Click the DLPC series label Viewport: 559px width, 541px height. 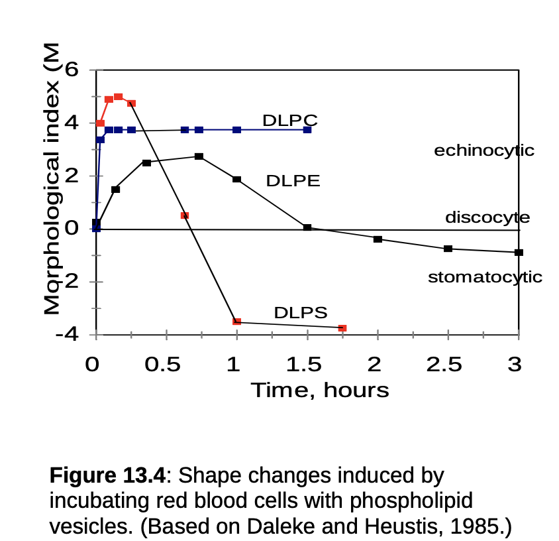(x=290, y=120)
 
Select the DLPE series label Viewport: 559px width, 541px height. (x=293, y=181)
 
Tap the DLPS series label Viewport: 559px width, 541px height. (x=301, y=312)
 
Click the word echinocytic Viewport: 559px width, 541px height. (x=484, y=150)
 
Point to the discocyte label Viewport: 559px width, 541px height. (x=487, y=217)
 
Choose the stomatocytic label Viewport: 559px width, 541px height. (x=485, y=277)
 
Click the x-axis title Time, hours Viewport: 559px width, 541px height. (x=319, y=390)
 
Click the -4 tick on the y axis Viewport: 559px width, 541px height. (x=68, y=335)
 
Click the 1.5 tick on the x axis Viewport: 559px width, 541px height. (x=304, y=364)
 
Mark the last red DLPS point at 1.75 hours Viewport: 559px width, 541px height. (x=342, y=328)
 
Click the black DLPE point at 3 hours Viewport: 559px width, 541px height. (x=519, y=253)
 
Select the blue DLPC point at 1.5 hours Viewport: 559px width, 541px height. (x=307, y=130)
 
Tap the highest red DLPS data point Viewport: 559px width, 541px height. (x=118, y=97)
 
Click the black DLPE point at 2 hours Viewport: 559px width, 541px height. (x=378, y=239)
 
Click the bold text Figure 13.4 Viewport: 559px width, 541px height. (x=107, y=475)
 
